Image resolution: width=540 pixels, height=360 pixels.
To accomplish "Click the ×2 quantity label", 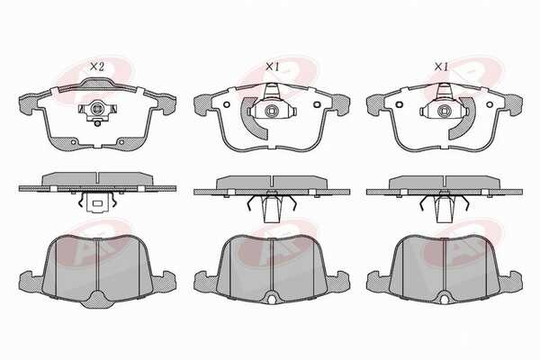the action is pyautogui.click(x=96, y=67).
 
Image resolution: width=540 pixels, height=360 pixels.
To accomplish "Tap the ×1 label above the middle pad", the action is pyautogui.click(x=272, y=67).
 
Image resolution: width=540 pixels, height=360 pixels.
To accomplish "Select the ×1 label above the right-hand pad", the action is pyautogui.click(x=441, y=67).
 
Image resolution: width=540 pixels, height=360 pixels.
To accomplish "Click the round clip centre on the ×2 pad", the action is pyautogui.click(x=97, y=110).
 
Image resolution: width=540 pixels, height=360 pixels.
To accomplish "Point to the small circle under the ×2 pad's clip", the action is pyautogui.click(x=98, y=123).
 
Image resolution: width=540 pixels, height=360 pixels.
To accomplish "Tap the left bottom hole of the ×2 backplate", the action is pyautogui.click(x=74, y=142).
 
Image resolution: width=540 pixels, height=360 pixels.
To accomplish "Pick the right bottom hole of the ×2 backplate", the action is pyautogui.click(x=121, y=142).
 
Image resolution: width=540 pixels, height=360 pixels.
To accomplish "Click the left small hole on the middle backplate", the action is pyautogui.click(x=226, y=104).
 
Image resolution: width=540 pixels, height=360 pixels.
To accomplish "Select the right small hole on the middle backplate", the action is pyautogui.click(x=316, y=104).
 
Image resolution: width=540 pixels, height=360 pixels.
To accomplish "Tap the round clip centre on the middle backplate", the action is pyautogui.click(x=271, y=111).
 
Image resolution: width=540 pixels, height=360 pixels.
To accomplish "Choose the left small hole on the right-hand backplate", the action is pyautogui.click(x=400, y=104).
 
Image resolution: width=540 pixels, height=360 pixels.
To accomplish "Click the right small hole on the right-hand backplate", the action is pyautogui.click(x=489, y=104).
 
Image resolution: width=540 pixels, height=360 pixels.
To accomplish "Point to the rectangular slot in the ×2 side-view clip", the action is pyautogui.click(x=97, y=203).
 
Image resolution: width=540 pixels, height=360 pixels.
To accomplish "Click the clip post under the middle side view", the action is pyautogui.click(x=271, y=208).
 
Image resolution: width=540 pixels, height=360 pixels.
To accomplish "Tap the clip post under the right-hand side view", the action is pyautogui.click(x=444, y=208).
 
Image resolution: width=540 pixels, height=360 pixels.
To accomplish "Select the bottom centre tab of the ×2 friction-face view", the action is pyautogui.click(x=98, y=300).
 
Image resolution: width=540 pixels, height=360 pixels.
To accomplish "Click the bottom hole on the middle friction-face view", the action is pyautogui.click(x=272, y=300).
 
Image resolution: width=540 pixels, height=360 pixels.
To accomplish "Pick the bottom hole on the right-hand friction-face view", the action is pyautogui.click(x=445, y=300).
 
